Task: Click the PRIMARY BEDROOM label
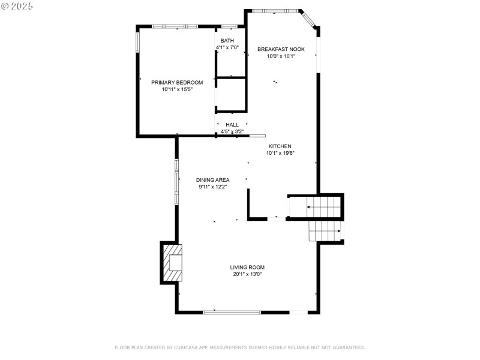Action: (177, 82)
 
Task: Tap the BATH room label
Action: (227, 41)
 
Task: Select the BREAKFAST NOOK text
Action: (281, 49)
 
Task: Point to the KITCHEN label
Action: (280, 146)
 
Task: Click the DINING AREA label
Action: (212, 180)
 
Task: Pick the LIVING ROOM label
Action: (247, 268)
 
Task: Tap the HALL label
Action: (232, 125)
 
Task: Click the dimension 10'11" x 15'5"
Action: (177, 89)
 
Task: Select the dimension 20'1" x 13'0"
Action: (247, 274)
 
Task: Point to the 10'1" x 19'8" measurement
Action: (280, 153)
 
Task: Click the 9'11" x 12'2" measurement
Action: (212, 187)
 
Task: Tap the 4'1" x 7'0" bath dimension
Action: (227, 47)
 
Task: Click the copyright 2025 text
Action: (17, 5)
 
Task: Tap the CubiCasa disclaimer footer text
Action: (239, 347)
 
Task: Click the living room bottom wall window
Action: (232, 312)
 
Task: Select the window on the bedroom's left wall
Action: (137, 41)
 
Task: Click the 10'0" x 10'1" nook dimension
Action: (281, 56)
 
